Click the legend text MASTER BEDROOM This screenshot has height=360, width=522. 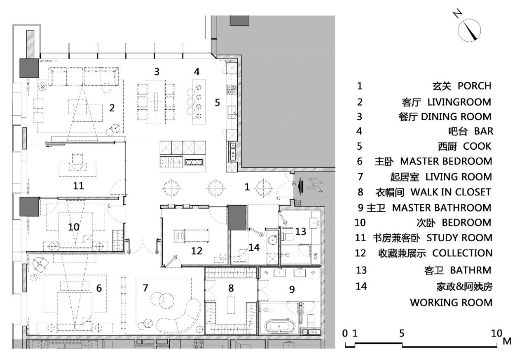[446, 161]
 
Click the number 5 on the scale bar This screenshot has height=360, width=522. [401, 333]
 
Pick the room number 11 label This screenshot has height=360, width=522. [78, 186]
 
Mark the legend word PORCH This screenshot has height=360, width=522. [475, 86]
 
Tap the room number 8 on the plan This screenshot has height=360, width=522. [231, 289]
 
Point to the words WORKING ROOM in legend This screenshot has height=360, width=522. [451, 302]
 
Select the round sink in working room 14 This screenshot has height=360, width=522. [272, 239]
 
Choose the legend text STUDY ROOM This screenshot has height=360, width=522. [459, 238]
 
